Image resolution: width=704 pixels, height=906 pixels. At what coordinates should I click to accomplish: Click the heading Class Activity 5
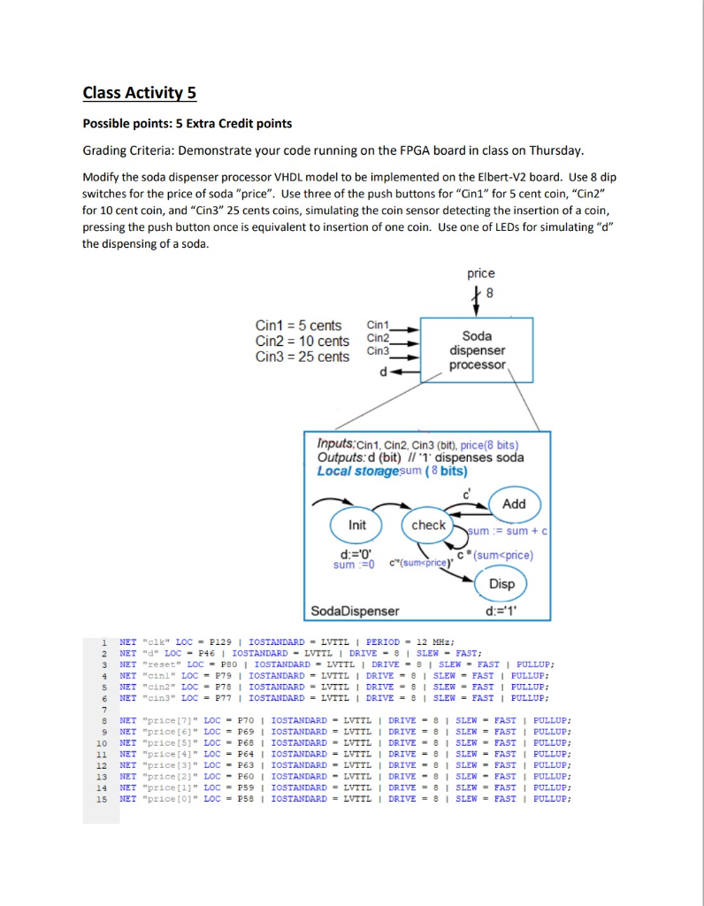point(140,93)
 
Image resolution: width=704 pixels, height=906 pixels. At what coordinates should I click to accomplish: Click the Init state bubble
point(357,526)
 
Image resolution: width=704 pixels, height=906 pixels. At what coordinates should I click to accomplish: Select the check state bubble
point(429,526)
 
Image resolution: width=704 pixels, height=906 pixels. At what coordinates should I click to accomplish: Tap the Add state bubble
point(514,503)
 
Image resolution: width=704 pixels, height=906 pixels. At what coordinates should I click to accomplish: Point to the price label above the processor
point(481,273)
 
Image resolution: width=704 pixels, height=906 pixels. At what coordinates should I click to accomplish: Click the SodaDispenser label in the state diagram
point(356,610)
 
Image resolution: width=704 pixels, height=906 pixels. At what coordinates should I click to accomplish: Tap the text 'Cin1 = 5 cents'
point(298,326)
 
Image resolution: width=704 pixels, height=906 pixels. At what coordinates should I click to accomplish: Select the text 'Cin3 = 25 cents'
point(302,357)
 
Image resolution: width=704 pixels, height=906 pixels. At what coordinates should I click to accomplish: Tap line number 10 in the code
point(101,742)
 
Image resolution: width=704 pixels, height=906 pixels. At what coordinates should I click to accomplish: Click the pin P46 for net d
point(209,653)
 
